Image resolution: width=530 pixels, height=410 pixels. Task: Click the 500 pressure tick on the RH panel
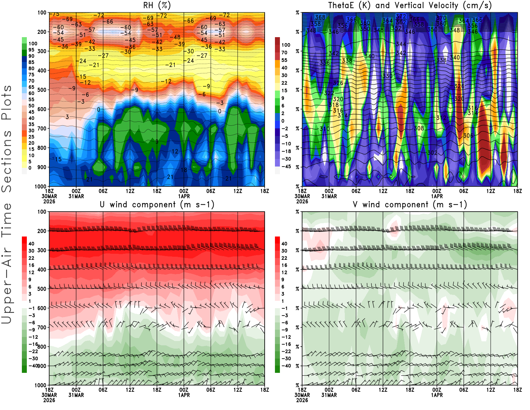point(42,90)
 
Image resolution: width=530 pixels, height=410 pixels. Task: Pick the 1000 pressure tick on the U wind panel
point(40,385)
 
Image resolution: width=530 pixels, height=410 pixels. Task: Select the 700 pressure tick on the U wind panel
point(42,327)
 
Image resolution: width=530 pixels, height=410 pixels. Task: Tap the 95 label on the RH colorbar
point(31,50)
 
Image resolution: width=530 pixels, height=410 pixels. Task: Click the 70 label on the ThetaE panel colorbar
point(284,52)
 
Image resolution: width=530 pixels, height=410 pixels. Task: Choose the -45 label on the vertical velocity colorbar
point(286,167)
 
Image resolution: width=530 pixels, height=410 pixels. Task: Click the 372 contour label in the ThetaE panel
point(401,16)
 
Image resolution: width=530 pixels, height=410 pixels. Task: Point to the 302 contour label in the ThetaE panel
point(432,153)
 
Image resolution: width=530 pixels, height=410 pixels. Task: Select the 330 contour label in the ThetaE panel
point(387,76)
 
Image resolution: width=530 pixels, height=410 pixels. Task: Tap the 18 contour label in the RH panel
point(184,170)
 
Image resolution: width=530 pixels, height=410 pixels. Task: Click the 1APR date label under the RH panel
point(184,196)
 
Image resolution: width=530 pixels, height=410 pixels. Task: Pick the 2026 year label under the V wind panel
point(302,400)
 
